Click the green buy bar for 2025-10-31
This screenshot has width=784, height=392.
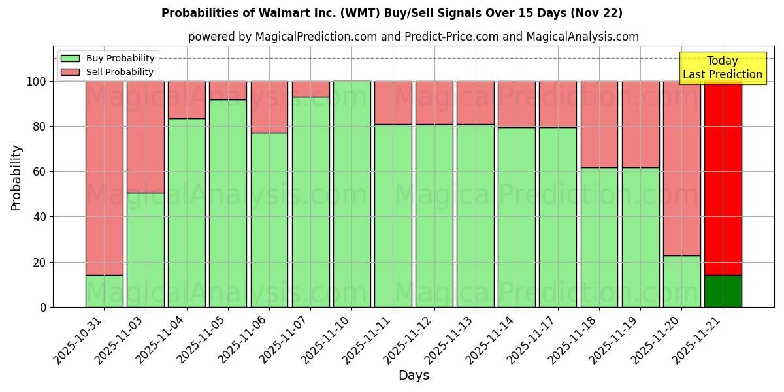105,291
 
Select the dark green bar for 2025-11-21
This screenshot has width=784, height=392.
723,291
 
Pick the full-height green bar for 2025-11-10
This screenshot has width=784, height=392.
352,194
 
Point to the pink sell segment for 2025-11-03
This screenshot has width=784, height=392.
146,137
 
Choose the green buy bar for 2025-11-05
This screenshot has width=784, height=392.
228,203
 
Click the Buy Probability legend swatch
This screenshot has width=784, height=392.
70,59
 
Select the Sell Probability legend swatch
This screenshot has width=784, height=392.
70,73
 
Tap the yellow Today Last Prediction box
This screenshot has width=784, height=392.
722,68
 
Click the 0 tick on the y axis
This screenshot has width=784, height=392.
43,307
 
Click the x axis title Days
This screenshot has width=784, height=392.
414,376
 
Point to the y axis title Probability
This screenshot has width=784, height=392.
16,178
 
